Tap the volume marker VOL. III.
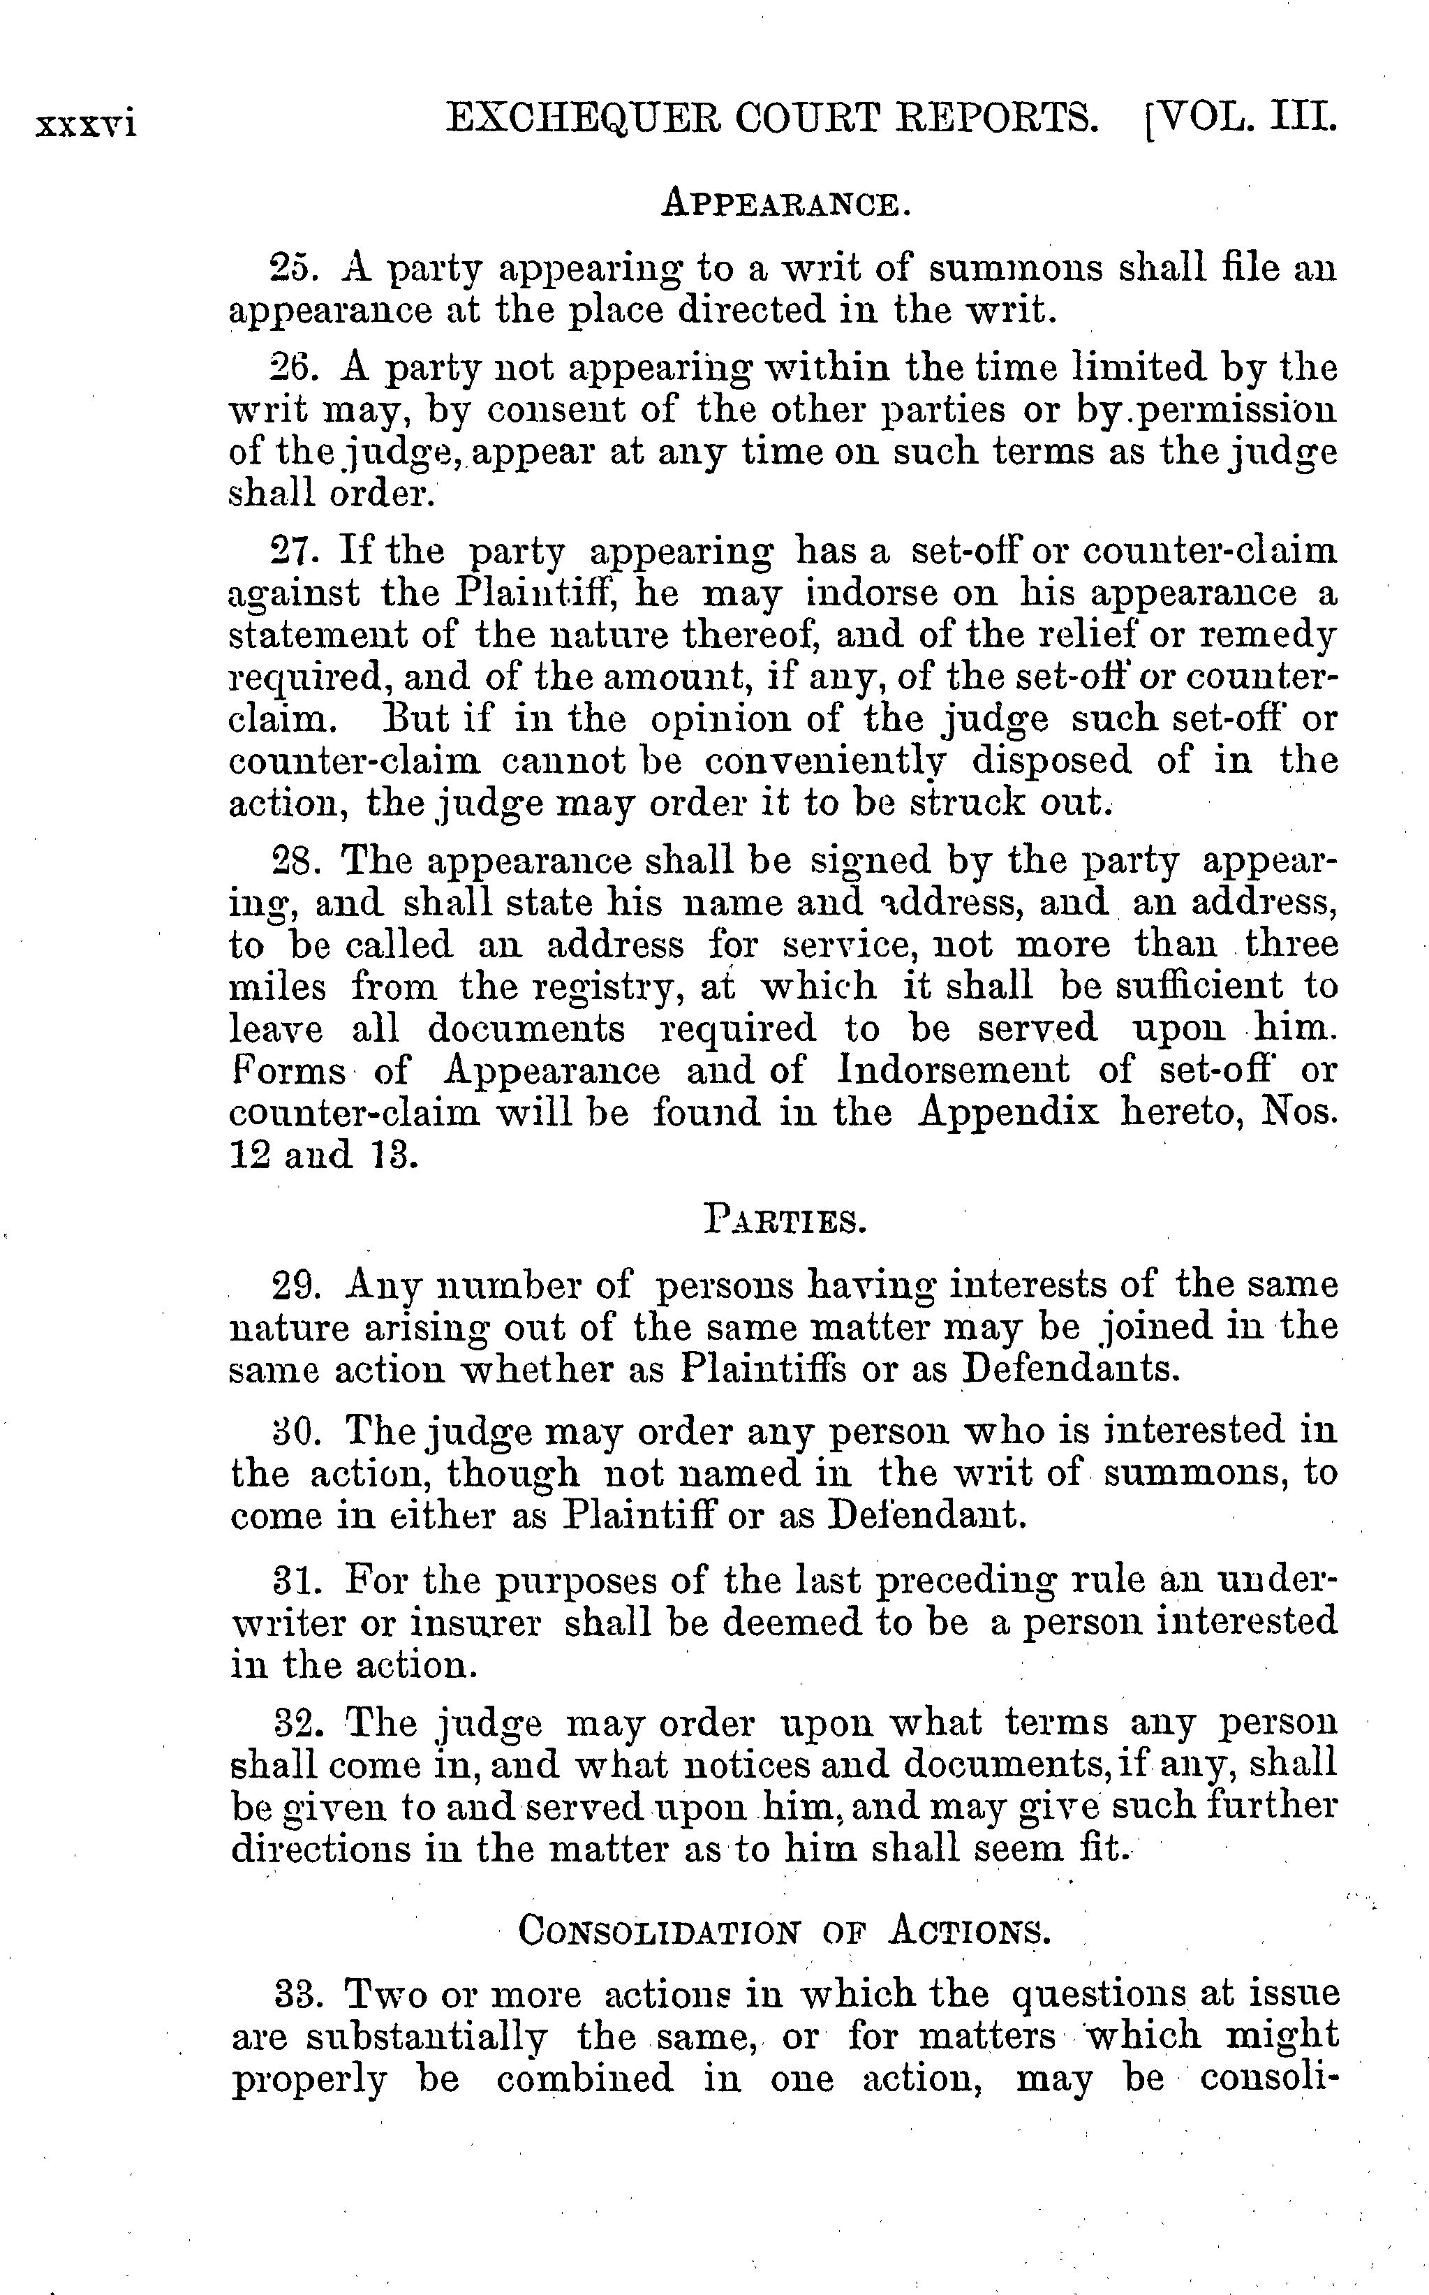[1245, 119]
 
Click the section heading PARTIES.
[785, 1221]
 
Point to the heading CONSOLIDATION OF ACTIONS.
[785, 1929]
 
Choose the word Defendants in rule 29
[1071, 1371]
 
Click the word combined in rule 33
[585, 2079]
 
